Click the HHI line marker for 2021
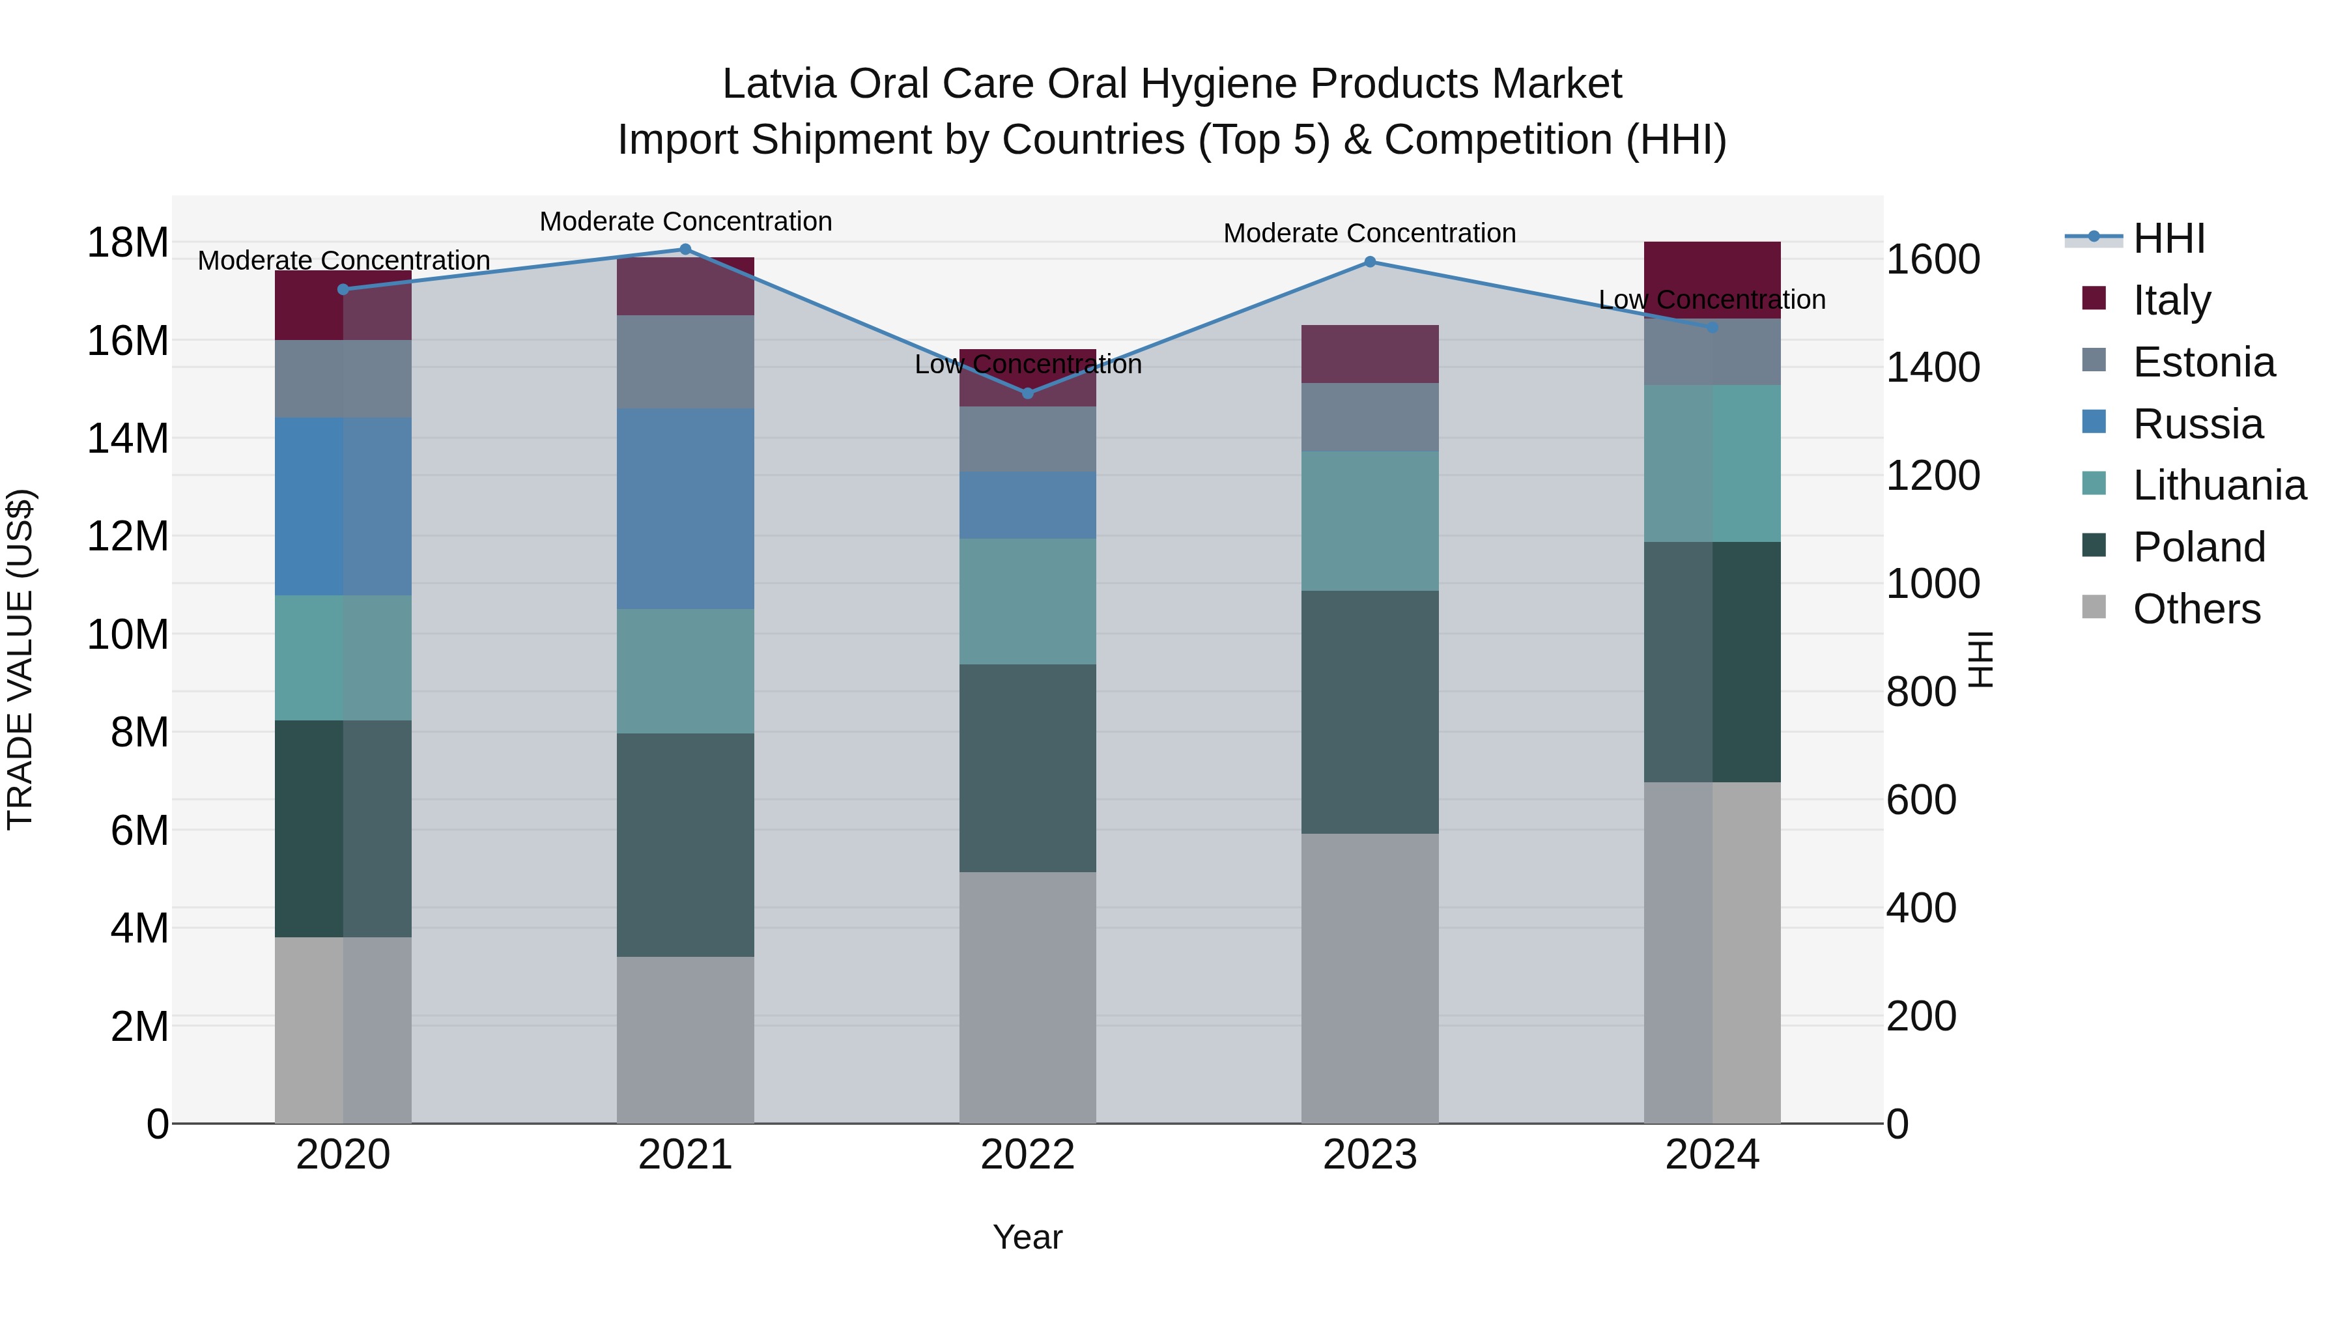click(685, 249)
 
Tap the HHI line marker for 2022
click(1028, 393)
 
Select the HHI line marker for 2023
click(1370, 262)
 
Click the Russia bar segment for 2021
click(685, 508)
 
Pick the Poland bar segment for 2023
click(1370, 712)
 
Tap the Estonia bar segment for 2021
click(685, 362)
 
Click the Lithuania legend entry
click(2219, 486)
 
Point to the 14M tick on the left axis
click(128, 439)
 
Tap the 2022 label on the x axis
click(1028, 1155)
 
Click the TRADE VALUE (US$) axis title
click(20, 659)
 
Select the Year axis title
click(1028, 1237)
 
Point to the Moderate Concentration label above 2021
click(685, 221)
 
